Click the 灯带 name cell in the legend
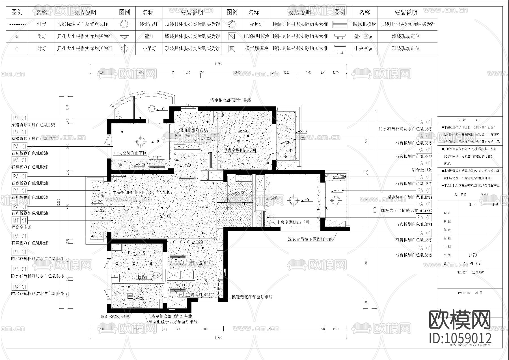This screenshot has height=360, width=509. click(x=42, y=24)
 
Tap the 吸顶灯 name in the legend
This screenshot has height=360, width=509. click(x=256, y=24)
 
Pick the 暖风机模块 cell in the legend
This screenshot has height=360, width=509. click(x=364, y=24)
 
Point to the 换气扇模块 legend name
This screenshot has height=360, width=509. click(x=256, y=49)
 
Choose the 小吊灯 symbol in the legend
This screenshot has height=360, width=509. click(x=124, y=49)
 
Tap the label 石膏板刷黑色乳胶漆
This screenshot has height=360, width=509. click(x=30, y=213)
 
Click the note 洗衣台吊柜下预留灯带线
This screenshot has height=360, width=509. click(x=310, y=239)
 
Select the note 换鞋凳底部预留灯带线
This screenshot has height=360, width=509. click(x=252, y=297)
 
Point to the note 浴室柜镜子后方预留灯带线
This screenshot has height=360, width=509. click(x=173, y=322)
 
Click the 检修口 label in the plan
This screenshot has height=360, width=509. click(x=145, y=277)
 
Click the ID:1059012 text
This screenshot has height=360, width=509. click(x=460, y=338)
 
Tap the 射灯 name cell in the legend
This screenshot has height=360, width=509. click(x=42, y=49)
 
